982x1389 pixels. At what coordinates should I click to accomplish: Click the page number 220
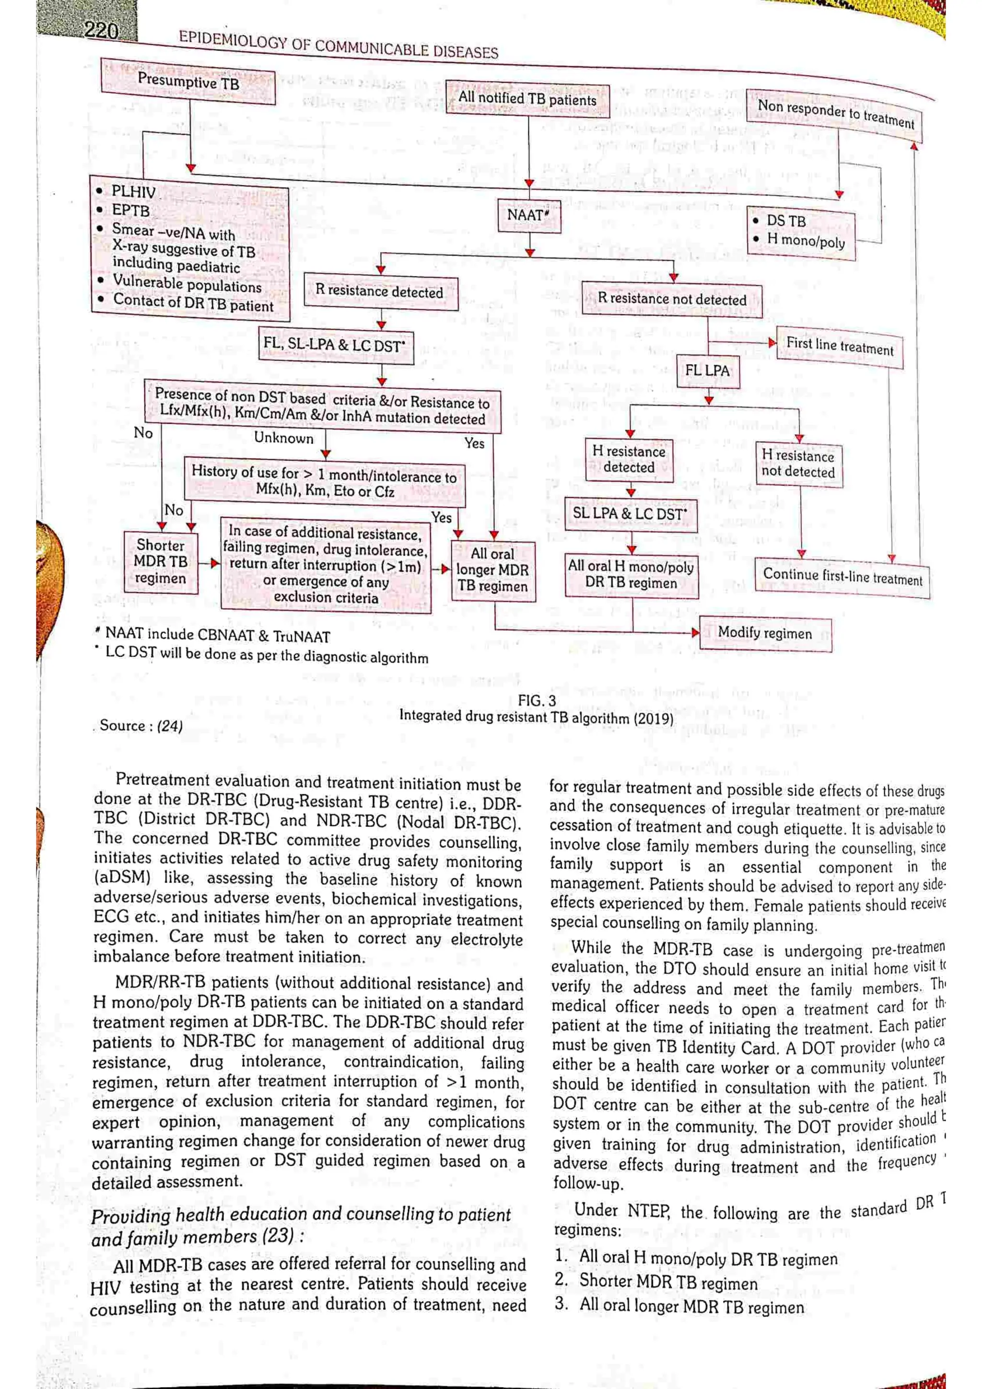click(x=101, y=30)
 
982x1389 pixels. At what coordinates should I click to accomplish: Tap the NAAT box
click(x=528, y=216)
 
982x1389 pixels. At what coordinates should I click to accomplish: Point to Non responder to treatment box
click(x=835, y=114)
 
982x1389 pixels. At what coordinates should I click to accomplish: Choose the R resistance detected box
click(x=379, y=291)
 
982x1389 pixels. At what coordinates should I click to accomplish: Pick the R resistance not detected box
click(x=672, y=300)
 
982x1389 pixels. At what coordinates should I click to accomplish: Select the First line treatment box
click(x=839, y=347)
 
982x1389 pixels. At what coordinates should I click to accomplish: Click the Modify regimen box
click(x=765, y=634)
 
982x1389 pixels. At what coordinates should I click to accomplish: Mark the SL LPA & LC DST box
click(x=630, y=514)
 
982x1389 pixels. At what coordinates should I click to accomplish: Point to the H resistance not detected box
click(x=798, y=464)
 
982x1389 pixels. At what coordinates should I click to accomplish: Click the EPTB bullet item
click(x=130, y=210)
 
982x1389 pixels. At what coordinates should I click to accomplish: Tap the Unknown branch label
click(x=283, y=438)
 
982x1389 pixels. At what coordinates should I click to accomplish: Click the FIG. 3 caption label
click(x=536, y=701)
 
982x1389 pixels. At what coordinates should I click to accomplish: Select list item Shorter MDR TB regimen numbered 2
click(x=668, y=1283)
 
